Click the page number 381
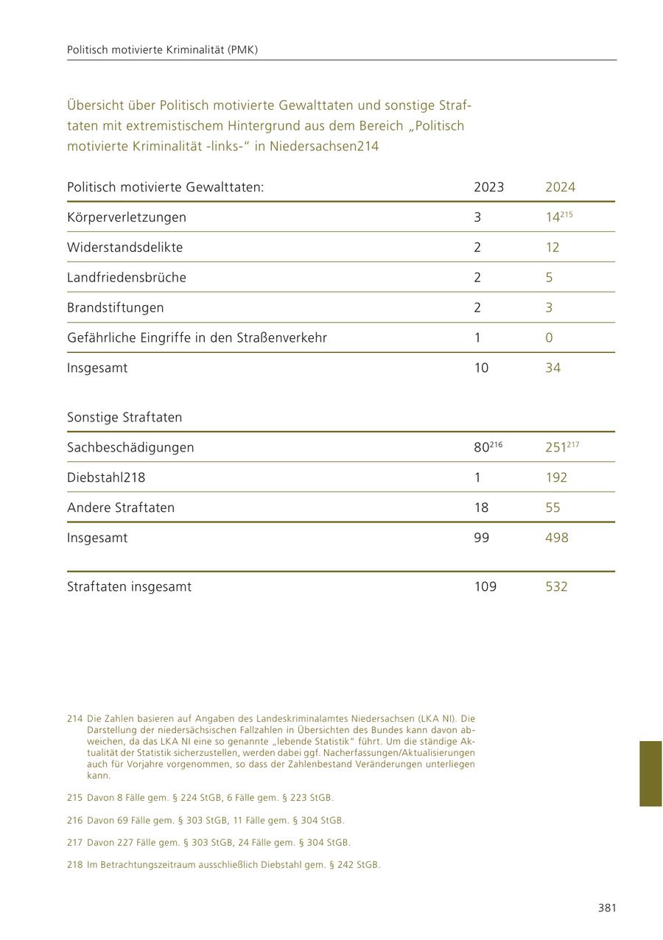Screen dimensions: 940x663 pyautogui.click(x=607, y=908)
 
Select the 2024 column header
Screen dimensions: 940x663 pyautogui.click(x=560, y=187)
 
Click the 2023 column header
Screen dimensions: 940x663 pyautogui.click(x=488, y=187)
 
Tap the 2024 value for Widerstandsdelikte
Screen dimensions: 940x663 pyautogui.click(x=552, y=248)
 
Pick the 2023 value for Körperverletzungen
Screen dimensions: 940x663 pyautogui.click(x=477, y=217)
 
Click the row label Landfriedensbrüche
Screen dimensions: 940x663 pyautogui.click(x=126, y=278)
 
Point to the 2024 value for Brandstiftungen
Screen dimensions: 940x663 pyautogui.click(x=549, y=308)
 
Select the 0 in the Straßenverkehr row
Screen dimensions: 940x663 pyautogui.click(x=549, y=338)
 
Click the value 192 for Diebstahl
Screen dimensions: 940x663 pyautogui.click(x=556, y=477)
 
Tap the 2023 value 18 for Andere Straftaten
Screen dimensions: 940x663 pyautogui.click(x=481, y=508)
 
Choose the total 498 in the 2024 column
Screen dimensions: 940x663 pyautogui.click(x=556, y=538)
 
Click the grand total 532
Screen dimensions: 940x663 pyautogui.click(x=556, y=587)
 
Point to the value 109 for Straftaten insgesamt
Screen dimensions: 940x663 pyautogui.click(x=485, y=587)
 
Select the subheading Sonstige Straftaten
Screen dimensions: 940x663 pyautogui.click(x=124, y=418)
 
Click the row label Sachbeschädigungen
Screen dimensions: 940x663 pyautogui.click(x=130, y=448)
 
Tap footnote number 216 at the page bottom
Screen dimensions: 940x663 pyautogui.click(x=74, y=821)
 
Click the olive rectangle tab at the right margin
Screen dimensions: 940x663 pyautogui.click(x=650, y=774)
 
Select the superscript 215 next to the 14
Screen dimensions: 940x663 pyautogui.click(x=566, y=214)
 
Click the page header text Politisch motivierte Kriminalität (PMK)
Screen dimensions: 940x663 pyautogui.click(x=162, y=50)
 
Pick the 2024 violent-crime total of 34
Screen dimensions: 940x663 pyautogui.click(x=552, y=368)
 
